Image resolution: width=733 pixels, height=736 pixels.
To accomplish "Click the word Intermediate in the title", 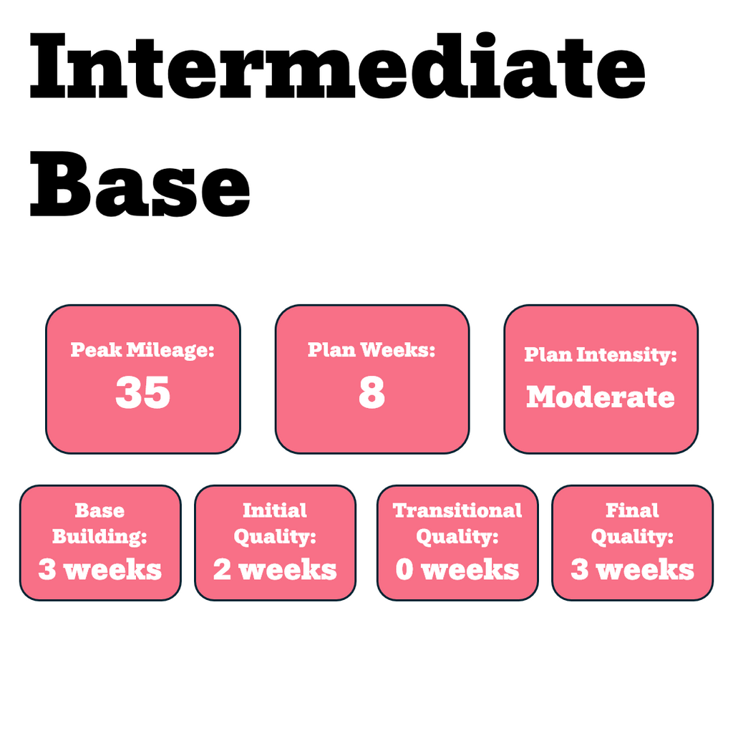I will (337, 66).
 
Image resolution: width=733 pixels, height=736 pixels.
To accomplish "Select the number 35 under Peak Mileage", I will (143, 393).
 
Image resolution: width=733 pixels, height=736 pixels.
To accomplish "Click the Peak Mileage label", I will (143, 351).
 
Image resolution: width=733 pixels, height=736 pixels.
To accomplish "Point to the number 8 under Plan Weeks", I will (372, 393).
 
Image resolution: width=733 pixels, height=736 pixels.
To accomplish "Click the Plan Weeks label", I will (372, 350).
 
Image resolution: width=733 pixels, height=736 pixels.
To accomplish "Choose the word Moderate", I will (601, 397).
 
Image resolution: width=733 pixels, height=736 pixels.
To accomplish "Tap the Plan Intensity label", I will (601, 354).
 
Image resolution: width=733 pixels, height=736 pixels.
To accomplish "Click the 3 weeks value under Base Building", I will (100, 570).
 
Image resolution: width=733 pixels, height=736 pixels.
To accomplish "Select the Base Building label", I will (100, 523).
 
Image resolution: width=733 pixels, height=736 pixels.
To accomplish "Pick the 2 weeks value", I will (275, 570).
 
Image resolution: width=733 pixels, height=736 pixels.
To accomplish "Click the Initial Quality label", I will (275, 523).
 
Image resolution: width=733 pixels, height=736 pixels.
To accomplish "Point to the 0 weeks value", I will (457, 570).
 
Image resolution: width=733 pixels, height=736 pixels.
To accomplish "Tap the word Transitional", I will (457, 510).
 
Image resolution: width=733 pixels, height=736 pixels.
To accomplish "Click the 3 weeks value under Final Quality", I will (632, 570).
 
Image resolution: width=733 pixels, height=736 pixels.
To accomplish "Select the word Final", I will (632, 510).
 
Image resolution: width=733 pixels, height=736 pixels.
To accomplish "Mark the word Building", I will (100, 536).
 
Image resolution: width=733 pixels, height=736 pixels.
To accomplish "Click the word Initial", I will (275, 510).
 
